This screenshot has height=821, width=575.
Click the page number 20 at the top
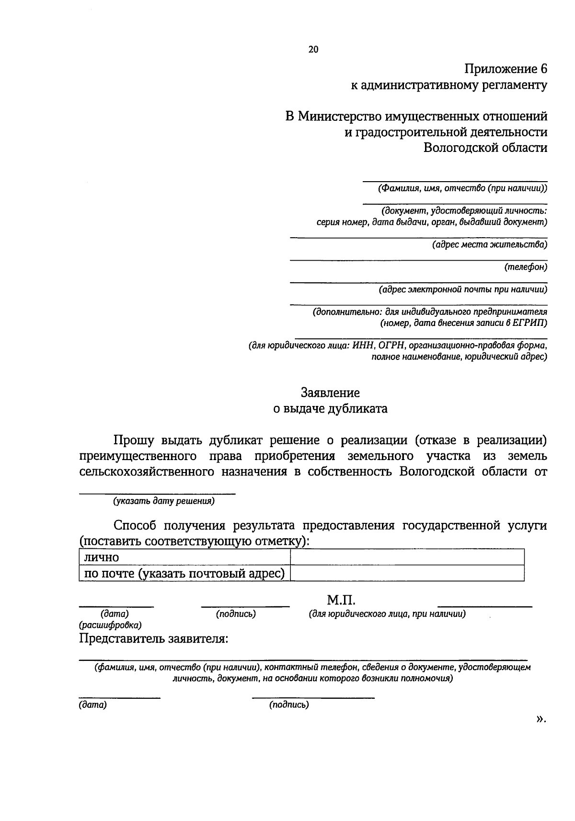313,49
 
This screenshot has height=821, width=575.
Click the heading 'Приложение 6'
506,69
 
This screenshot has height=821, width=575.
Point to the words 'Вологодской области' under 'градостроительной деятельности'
485,147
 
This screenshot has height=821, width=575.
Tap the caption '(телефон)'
525,267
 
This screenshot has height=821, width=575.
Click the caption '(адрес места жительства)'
489,245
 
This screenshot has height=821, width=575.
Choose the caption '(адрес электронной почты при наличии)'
462,289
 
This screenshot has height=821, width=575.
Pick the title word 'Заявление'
330,393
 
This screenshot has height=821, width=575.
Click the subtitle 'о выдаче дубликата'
330,409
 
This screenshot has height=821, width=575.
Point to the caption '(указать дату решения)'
163,501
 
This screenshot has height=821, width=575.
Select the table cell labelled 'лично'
184,557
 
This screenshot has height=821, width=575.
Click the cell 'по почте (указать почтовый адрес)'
184,574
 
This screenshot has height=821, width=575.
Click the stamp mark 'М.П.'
341,600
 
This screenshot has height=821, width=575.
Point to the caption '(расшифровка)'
110,625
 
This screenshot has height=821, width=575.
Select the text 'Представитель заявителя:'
153,639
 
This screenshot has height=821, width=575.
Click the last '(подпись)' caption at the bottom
289,705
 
